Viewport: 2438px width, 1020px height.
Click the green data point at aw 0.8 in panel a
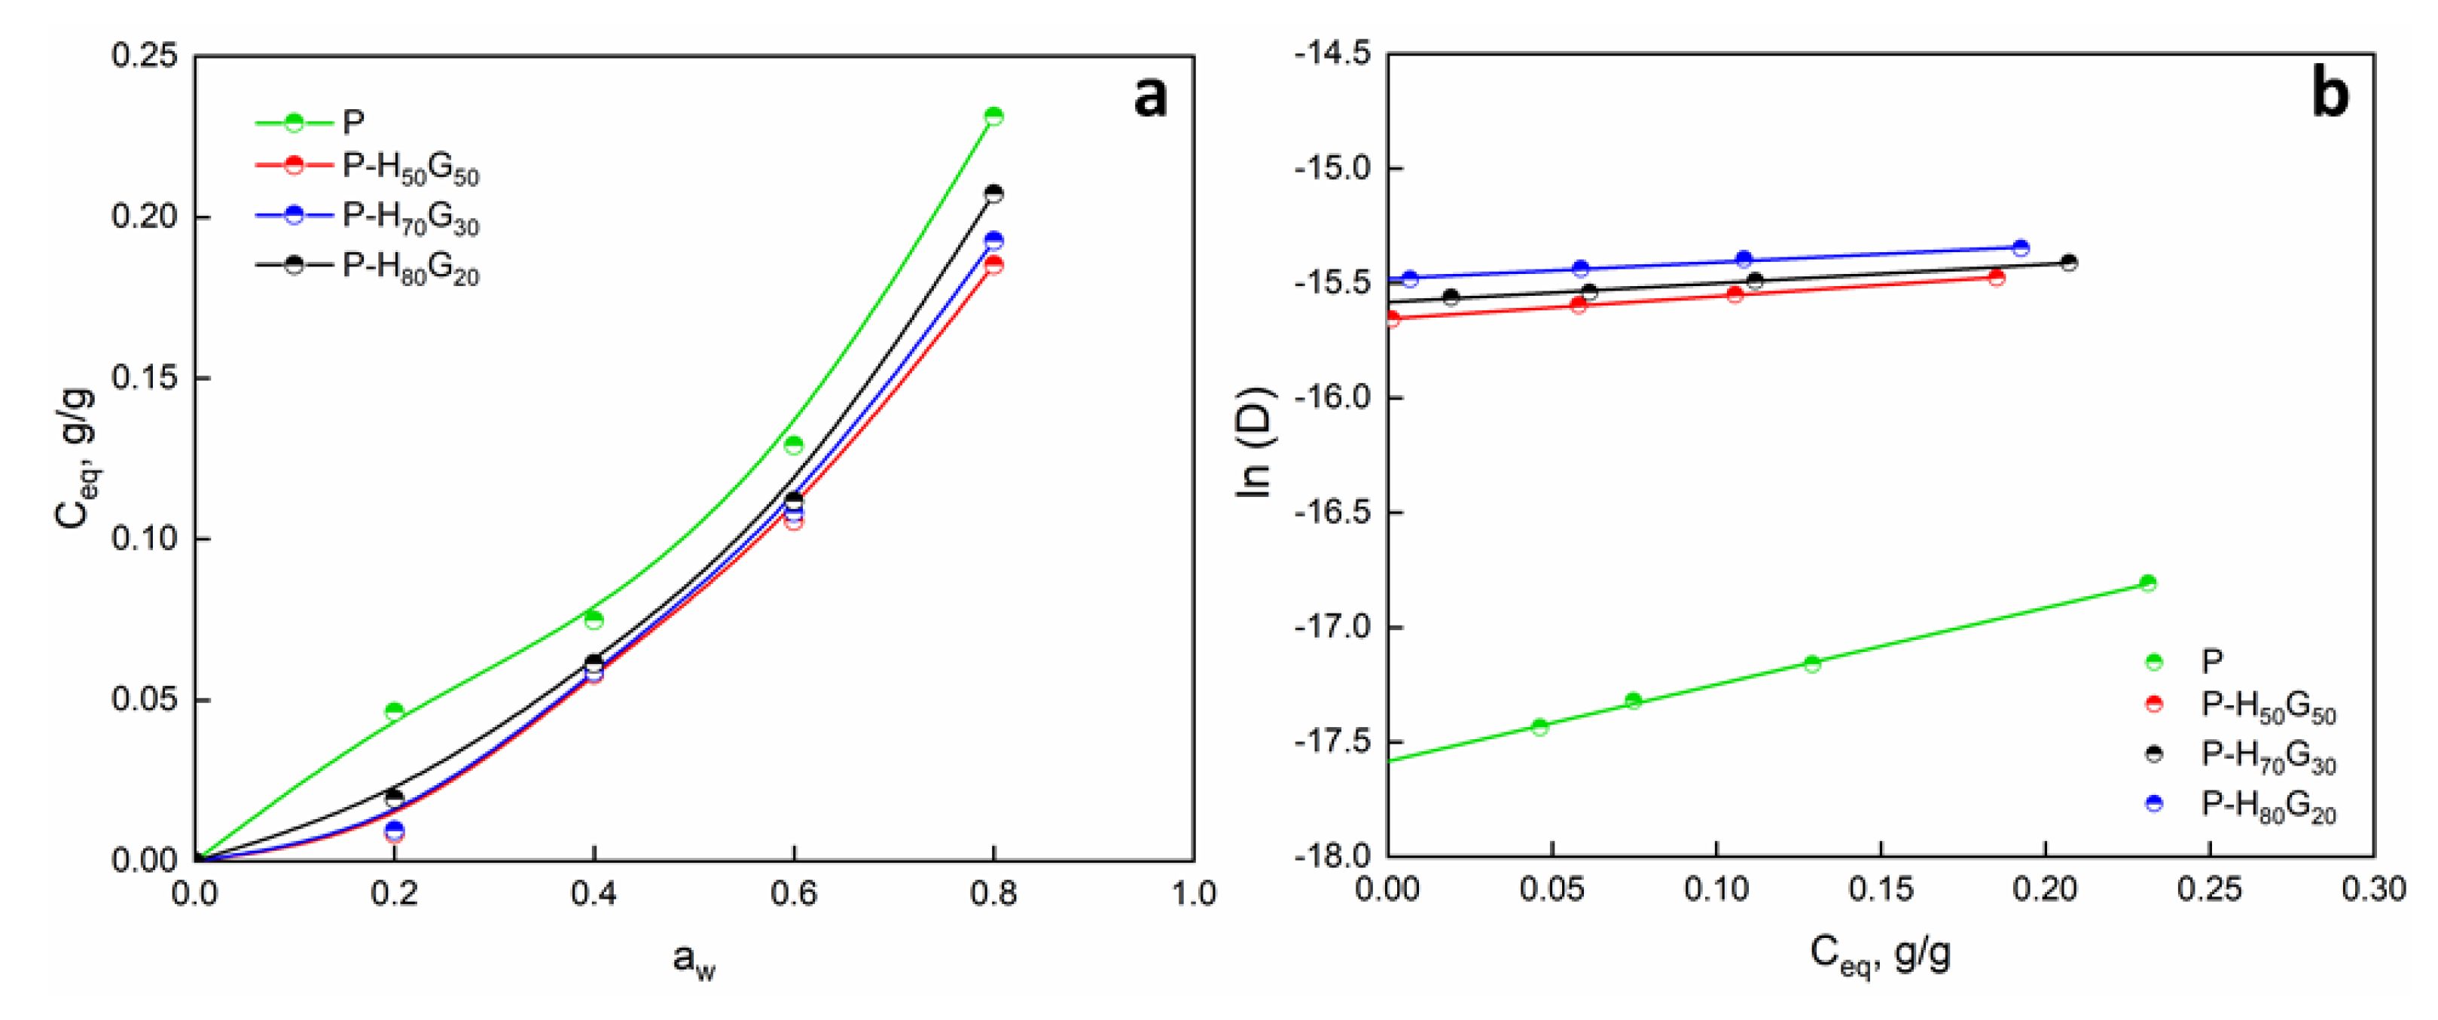click(993, 117)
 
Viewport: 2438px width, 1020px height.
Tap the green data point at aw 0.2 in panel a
click(395, 711)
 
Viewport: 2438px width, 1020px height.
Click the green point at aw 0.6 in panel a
click(793, 445)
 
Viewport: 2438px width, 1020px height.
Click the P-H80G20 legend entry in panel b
click(2269, 805)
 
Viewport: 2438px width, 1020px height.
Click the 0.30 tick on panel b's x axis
click(2374, 890)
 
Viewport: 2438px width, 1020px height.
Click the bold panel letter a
click(1150, 96)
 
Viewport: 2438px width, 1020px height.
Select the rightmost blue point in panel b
click(2021, 248)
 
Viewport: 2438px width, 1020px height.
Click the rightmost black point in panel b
click(2069, 263)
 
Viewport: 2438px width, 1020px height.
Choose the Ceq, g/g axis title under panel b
click(1880, 955)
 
